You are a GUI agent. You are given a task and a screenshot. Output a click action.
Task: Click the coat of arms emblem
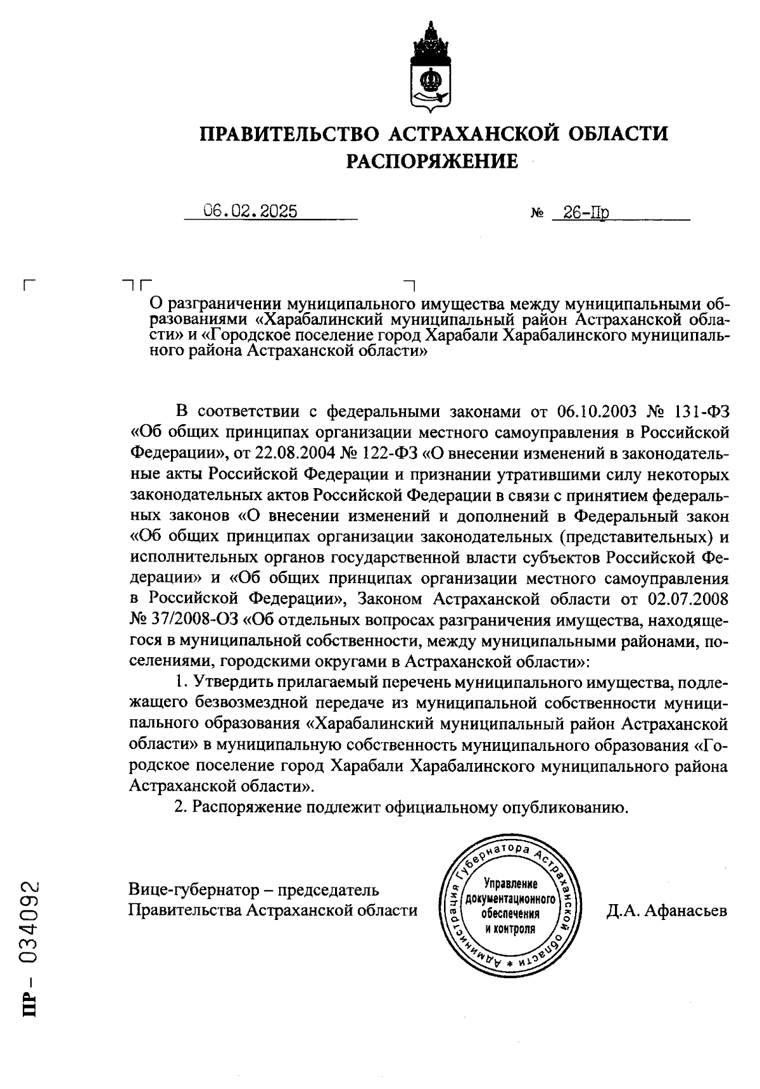(431, 67)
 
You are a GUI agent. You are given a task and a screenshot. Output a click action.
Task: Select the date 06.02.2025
(251, 211)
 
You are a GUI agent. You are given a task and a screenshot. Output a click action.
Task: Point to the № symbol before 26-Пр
(536, 215)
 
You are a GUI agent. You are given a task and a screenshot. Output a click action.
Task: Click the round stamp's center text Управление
(510, 884)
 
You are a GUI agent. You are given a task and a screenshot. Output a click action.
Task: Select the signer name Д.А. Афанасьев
(666, 910)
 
